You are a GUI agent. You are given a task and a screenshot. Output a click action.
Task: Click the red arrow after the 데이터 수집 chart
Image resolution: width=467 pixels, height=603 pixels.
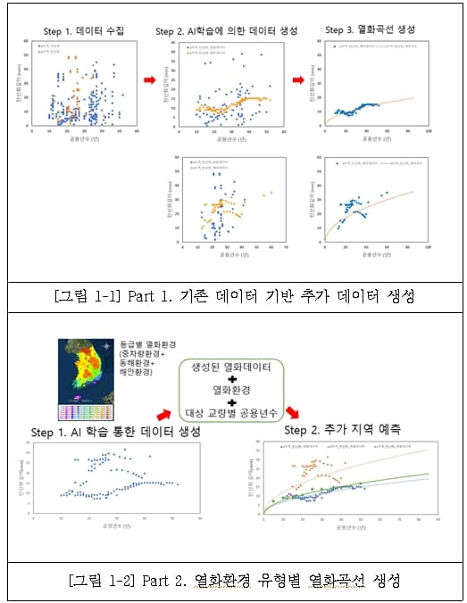[x=150, y=80]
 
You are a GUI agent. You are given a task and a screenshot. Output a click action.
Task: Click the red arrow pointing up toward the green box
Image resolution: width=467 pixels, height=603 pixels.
[x=163, y=411]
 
